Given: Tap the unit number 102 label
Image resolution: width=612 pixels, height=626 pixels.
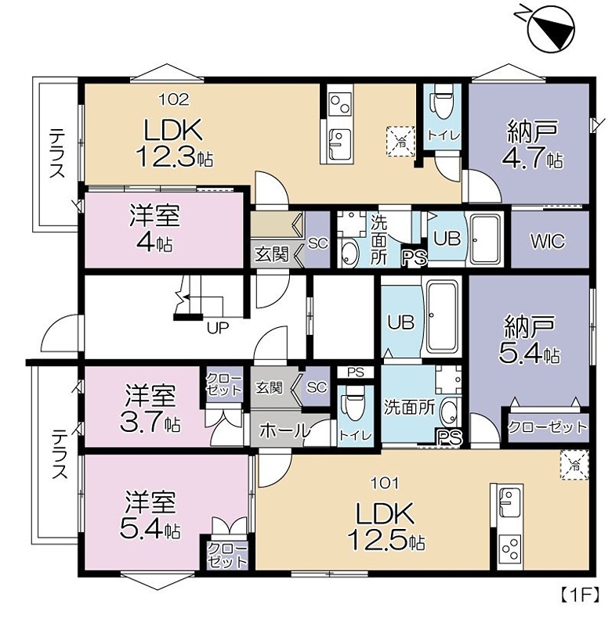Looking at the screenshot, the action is pyautogui.click(x=174, y=99).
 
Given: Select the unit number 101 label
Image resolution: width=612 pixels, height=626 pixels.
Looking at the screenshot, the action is pyautogui.click(x=385, y=484).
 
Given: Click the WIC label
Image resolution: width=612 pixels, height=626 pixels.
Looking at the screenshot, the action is pyautogui.click(x=548, y=241).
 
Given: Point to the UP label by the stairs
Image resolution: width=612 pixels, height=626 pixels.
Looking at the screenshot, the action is pyautogui.click(x=218, y=328).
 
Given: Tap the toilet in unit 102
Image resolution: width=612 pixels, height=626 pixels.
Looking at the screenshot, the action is pyautogui.click(x=442, y=102).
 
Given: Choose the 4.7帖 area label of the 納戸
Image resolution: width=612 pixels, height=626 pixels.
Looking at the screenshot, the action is pyautogui.click(x=532, y=159).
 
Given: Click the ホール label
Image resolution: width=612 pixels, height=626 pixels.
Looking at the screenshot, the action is pyautogui.click(x=284, y=431).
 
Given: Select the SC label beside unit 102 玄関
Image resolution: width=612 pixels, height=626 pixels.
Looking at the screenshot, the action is pyautogui.click(x=318, y=243).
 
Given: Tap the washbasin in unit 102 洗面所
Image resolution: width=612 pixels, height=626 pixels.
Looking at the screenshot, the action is pyautogui.click(x=350, y=253).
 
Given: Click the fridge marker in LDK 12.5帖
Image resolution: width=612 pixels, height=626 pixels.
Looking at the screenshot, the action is pyautogui.click(x=574, y=464).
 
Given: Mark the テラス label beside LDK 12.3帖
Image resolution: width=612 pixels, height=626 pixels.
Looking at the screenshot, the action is pyautogui.click(x=57, y=153).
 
